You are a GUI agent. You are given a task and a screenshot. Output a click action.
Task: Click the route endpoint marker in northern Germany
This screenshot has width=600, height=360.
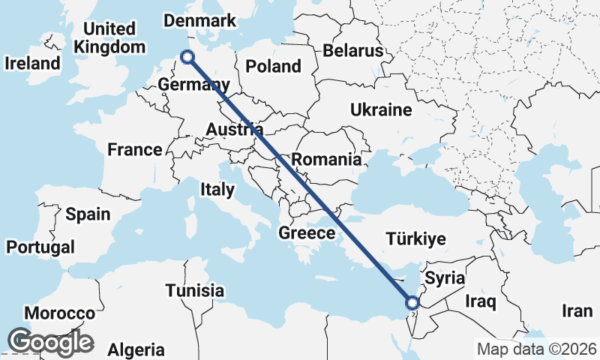(x=187, y=56)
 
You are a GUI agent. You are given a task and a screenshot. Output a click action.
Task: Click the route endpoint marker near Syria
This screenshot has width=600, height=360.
(x=412, y=303)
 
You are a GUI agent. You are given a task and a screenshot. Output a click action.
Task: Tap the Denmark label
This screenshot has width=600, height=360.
(x=199, y=20)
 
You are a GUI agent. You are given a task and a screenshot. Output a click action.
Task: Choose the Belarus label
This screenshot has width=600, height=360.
(x=353, y=51)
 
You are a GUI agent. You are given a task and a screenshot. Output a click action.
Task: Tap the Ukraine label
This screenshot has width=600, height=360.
(x=381, y=110)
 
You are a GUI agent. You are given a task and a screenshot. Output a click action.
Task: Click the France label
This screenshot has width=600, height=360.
(x=134, y=150)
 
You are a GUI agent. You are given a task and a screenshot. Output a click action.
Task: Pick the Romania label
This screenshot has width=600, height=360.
(x=326, y=159)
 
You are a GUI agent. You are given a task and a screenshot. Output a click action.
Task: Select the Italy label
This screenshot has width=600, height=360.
(x=217, y=190)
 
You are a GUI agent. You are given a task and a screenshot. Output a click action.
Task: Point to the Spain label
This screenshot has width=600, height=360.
(x=87, y=214)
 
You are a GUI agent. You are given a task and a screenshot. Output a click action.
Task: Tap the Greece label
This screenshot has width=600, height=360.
(x=307, y=233)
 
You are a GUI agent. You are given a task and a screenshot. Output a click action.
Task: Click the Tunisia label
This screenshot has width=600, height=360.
(x=195, y=290)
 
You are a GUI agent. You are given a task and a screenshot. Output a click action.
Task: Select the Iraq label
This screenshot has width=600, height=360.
(x=481, y=302)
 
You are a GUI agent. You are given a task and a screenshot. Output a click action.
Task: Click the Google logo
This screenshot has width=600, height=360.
(x=50, y=342)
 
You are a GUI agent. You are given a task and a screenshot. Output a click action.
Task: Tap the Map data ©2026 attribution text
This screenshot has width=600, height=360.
(x=537, y=349)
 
